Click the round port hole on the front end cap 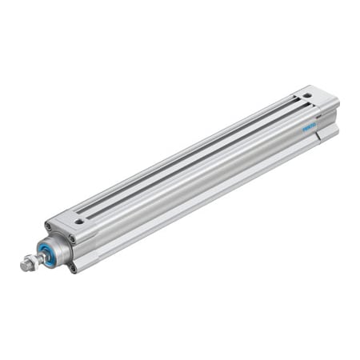click(79, 222)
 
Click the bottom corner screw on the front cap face click(74, 267)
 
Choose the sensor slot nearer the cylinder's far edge click(192, 149)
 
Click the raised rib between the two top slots click(196, 155)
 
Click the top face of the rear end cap click(316, 100)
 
